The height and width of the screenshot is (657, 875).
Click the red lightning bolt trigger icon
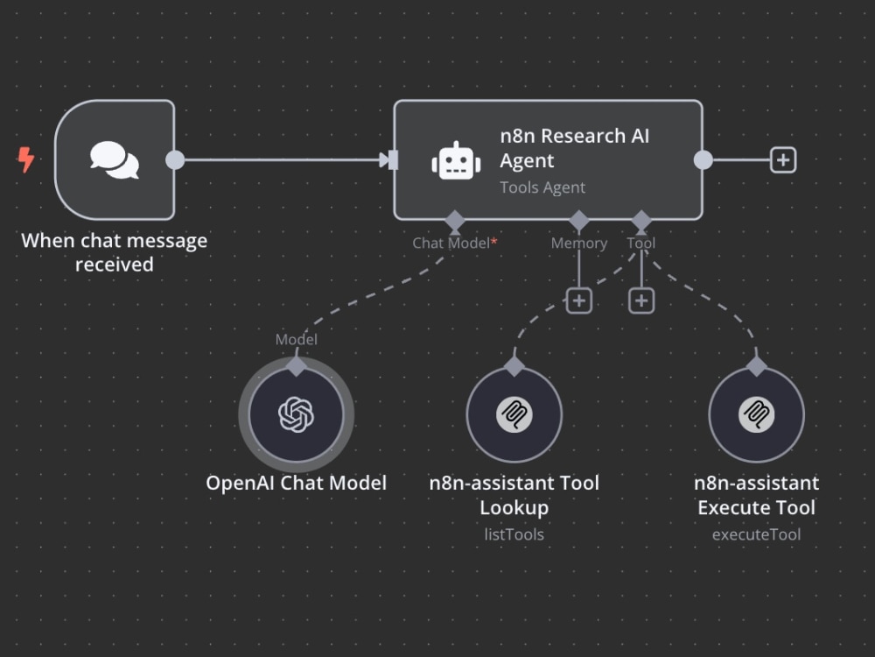coord(25,159)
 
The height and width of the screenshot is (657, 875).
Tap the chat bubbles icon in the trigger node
coord(115,159)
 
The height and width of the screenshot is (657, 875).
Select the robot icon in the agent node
coord(456,161)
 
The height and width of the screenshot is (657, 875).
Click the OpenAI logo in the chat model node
coord(296,414)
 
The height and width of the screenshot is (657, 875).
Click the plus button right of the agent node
coord(783,159)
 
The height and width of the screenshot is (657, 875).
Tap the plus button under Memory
coord(578,301)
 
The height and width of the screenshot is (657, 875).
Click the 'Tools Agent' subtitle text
coord(542,187)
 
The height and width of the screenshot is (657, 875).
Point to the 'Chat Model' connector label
coord(451,243)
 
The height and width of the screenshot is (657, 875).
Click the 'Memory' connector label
coord(578,243)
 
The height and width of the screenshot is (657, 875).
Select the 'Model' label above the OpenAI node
coord(297,339)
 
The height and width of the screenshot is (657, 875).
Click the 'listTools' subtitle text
coord(514,534)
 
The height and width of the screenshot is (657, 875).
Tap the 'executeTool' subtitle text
coord(756,534)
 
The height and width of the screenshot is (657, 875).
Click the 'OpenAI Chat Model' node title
coord(297,483)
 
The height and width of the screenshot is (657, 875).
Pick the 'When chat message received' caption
coord(115,252)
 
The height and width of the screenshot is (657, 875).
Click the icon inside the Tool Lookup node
coord(514,414)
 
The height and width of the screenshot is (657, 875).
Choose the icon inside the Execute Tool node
coord(756,414)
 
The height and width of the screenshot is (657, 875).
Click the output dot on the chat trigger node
coord(175,159)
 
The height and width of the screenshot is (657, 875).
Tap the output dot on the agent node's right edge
coord(703,159)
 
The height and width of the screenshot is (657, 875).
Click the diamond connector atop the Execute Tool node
coord(756,366)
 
